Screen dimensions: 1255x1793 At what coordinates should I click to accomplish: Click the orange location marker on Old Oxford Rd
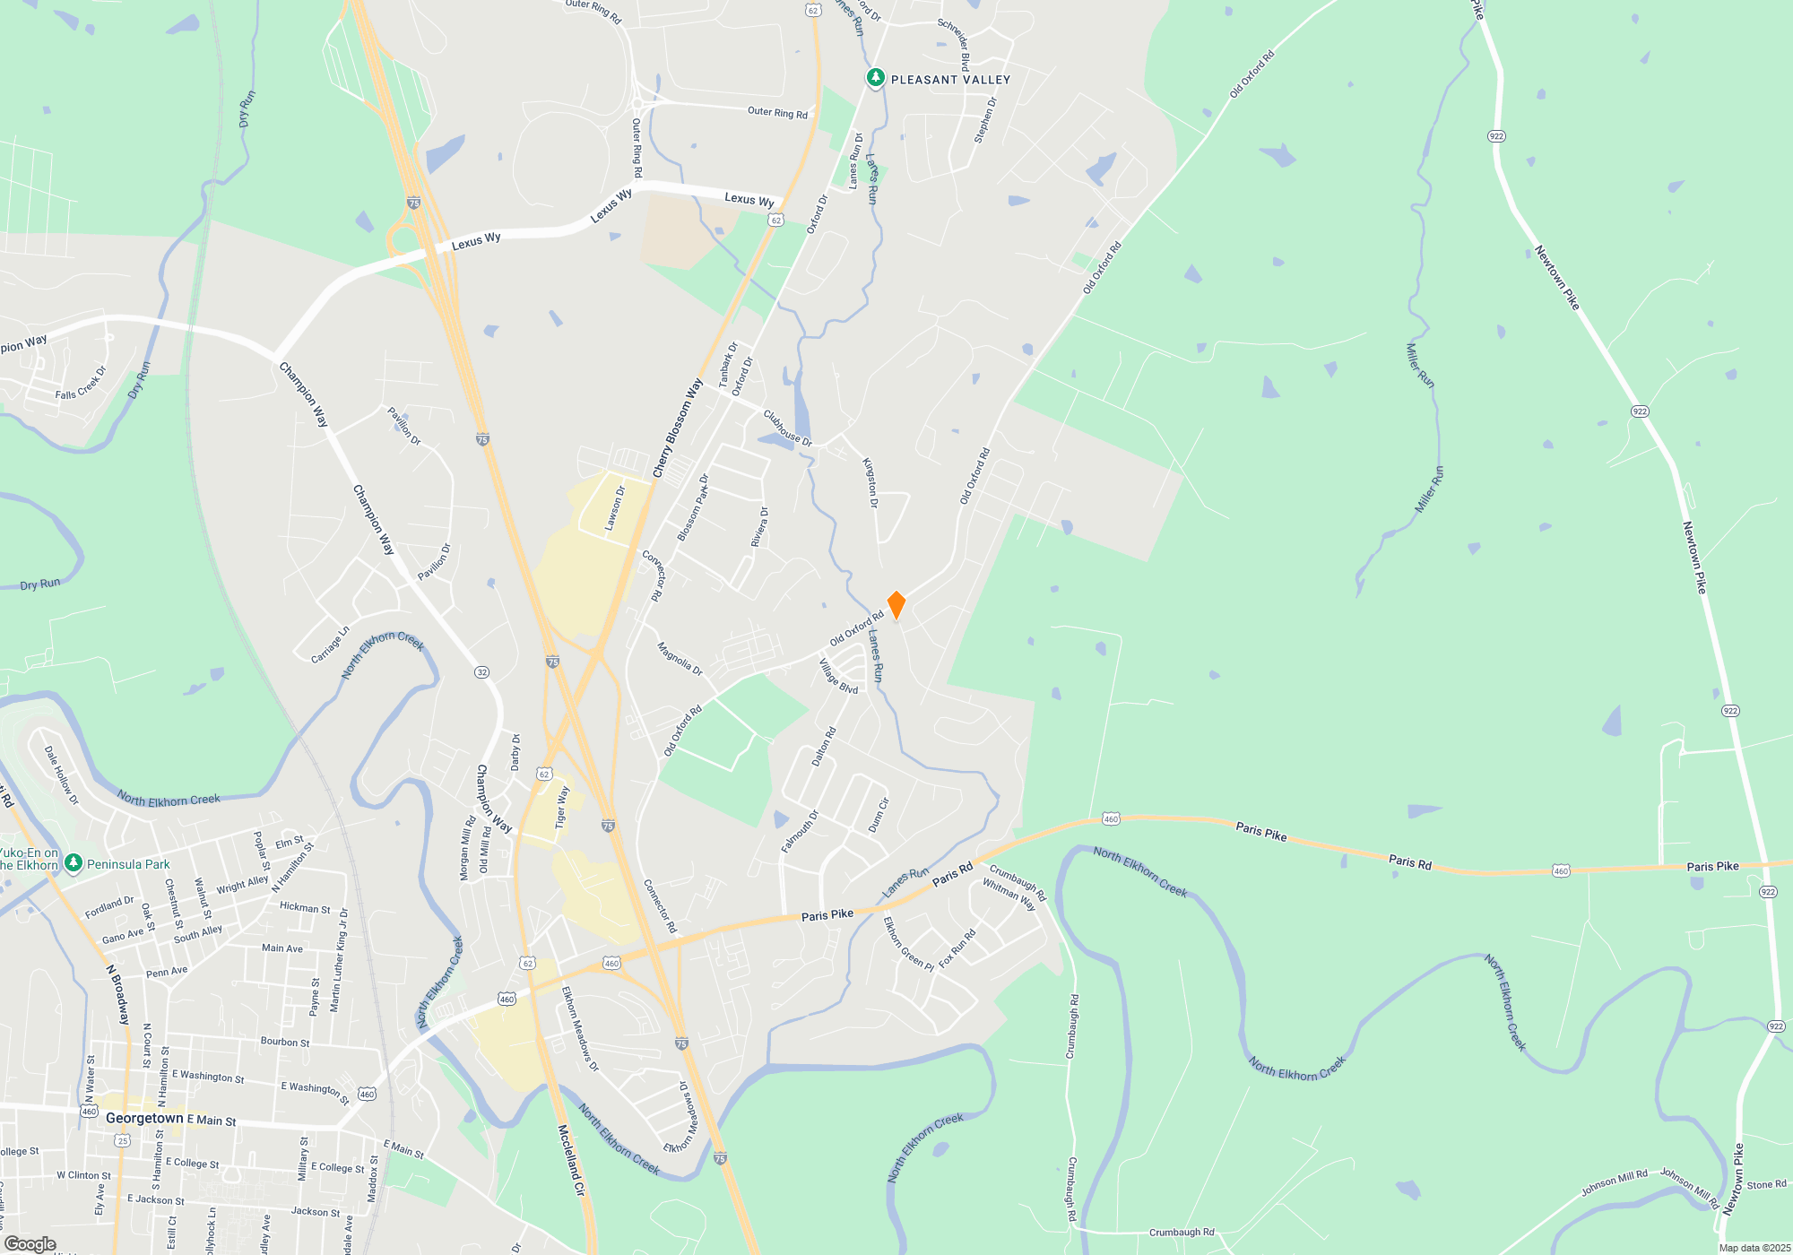pyautogui.click(x=896, y=604)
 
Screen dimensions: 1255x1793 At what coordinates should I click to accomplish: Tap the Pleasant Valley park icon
pyautogui.click(x=876, y=78)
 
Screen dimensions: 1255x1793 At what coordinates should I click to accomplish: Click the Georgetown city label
pyautogui.click(x=144, y=1118)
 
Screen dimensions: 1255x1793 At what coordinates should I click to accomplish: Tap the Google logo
pyautogui.click(x=30, y=1244)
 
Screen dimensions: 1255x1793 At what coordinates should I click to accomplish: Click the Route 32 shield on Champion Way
pyautogui.click(x=482, y=672)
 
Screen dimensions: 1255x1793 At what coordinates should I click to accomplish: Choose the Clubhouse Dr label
pyautogui.click(x=787, y=428)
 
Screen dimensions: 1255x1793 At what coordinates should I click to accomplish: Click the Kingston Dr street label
pyautogui.click(x=870, y=483)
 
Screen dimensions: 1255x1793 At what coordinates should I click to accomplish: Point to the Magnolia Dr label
pyautogui.click(x=680, y=659)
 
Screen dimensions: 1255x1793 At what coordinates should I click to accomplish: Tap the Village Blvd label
pyautogui.click(x=838, y=677)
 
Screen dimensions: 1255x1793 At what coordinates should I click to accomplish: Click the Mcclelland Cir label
pyautogui.click(x=571, y=1160)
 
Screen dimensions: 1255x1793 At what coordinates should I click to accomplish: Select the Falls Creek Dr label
pyautogui.click(x=81, y=383)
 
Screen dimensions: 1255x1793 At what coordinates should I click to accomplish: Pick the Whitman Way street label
pyautogui.click(x=1009, y=895)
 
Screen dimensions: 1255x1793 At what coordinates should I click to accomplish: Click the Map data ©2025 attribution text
pyautogui.click(x=1754, y=1248)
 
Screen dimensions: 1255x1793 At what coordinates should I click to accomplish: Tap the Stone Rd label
pyautogui.click(x=1766, y=1185)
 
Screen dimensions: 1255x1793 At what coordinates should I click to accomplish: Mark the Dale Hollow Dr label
pyautogui.click(x=62, y=775)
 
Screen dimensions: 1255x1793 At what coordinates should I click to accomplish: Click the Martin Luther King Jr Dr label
pyautogui.click(x=339, y=960)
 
